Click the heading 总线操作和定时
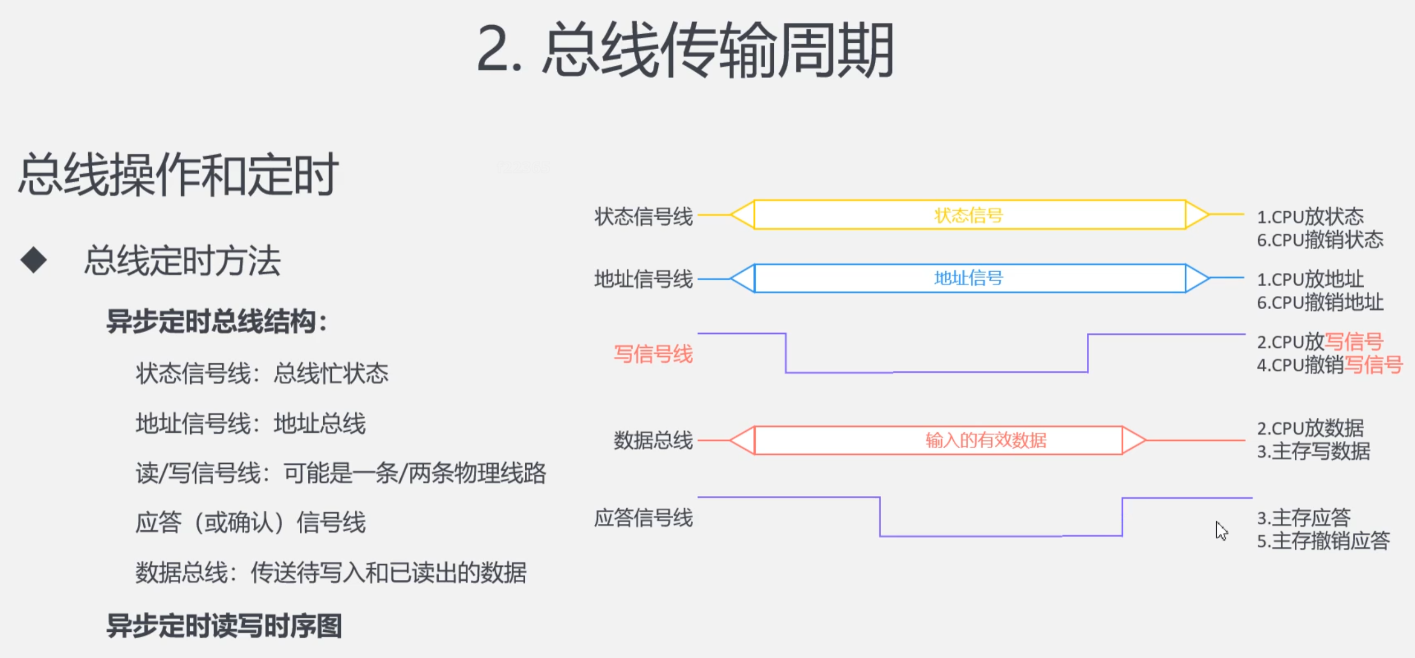point(178,174)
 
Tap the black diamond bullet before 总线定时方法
point(34,259)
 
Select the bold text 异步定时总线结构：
point(217,321)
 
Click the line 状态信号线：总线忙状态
point(262,373)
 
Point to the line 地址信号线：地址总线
point(251,423)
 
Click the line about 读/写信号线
point(340,473)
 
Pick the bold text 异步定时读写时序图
point(224,625)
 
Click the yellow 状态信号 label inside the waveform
point(969,215)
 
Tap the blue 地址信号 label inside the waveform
point(969,278)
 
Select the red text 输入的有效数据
point(986,440)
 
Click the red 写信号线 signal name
point(653,354)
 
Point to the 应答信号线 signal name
point(643,517)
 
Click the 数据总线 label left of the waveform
point(653,440)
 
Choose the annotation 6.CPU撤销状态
point(1320,240)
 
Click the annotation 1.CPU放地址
point(1310,279)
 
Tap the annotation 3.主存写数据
point(1313,451)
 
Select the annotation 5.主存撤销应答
point(1323,540)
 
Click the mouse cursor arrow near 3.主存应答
point(1221,531)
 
